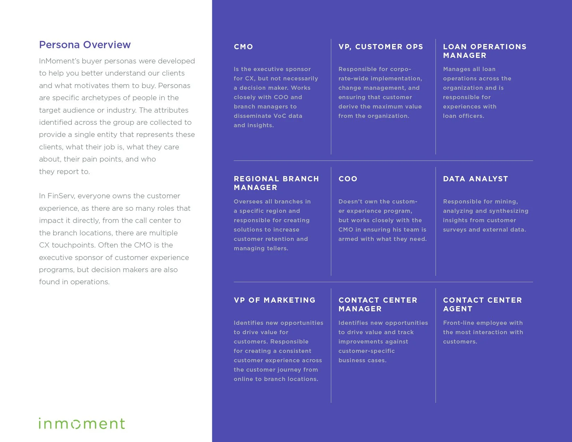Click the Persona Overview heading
[85, 45]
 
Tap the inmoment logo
[82, 423]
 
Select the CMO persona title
[243, 47]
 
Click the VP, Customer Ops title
[381, 47]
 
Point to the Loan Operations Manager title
[484, 51]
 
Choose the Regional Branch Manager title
[276, 183]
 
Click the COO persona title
[348, 179]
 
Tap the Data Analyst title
[475, 179]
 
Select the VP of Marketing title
[275, 300]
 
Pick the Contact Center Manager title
[378, 304]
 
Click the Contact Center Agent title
[482, 304]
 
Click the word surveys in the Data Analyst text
[454, 229]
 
